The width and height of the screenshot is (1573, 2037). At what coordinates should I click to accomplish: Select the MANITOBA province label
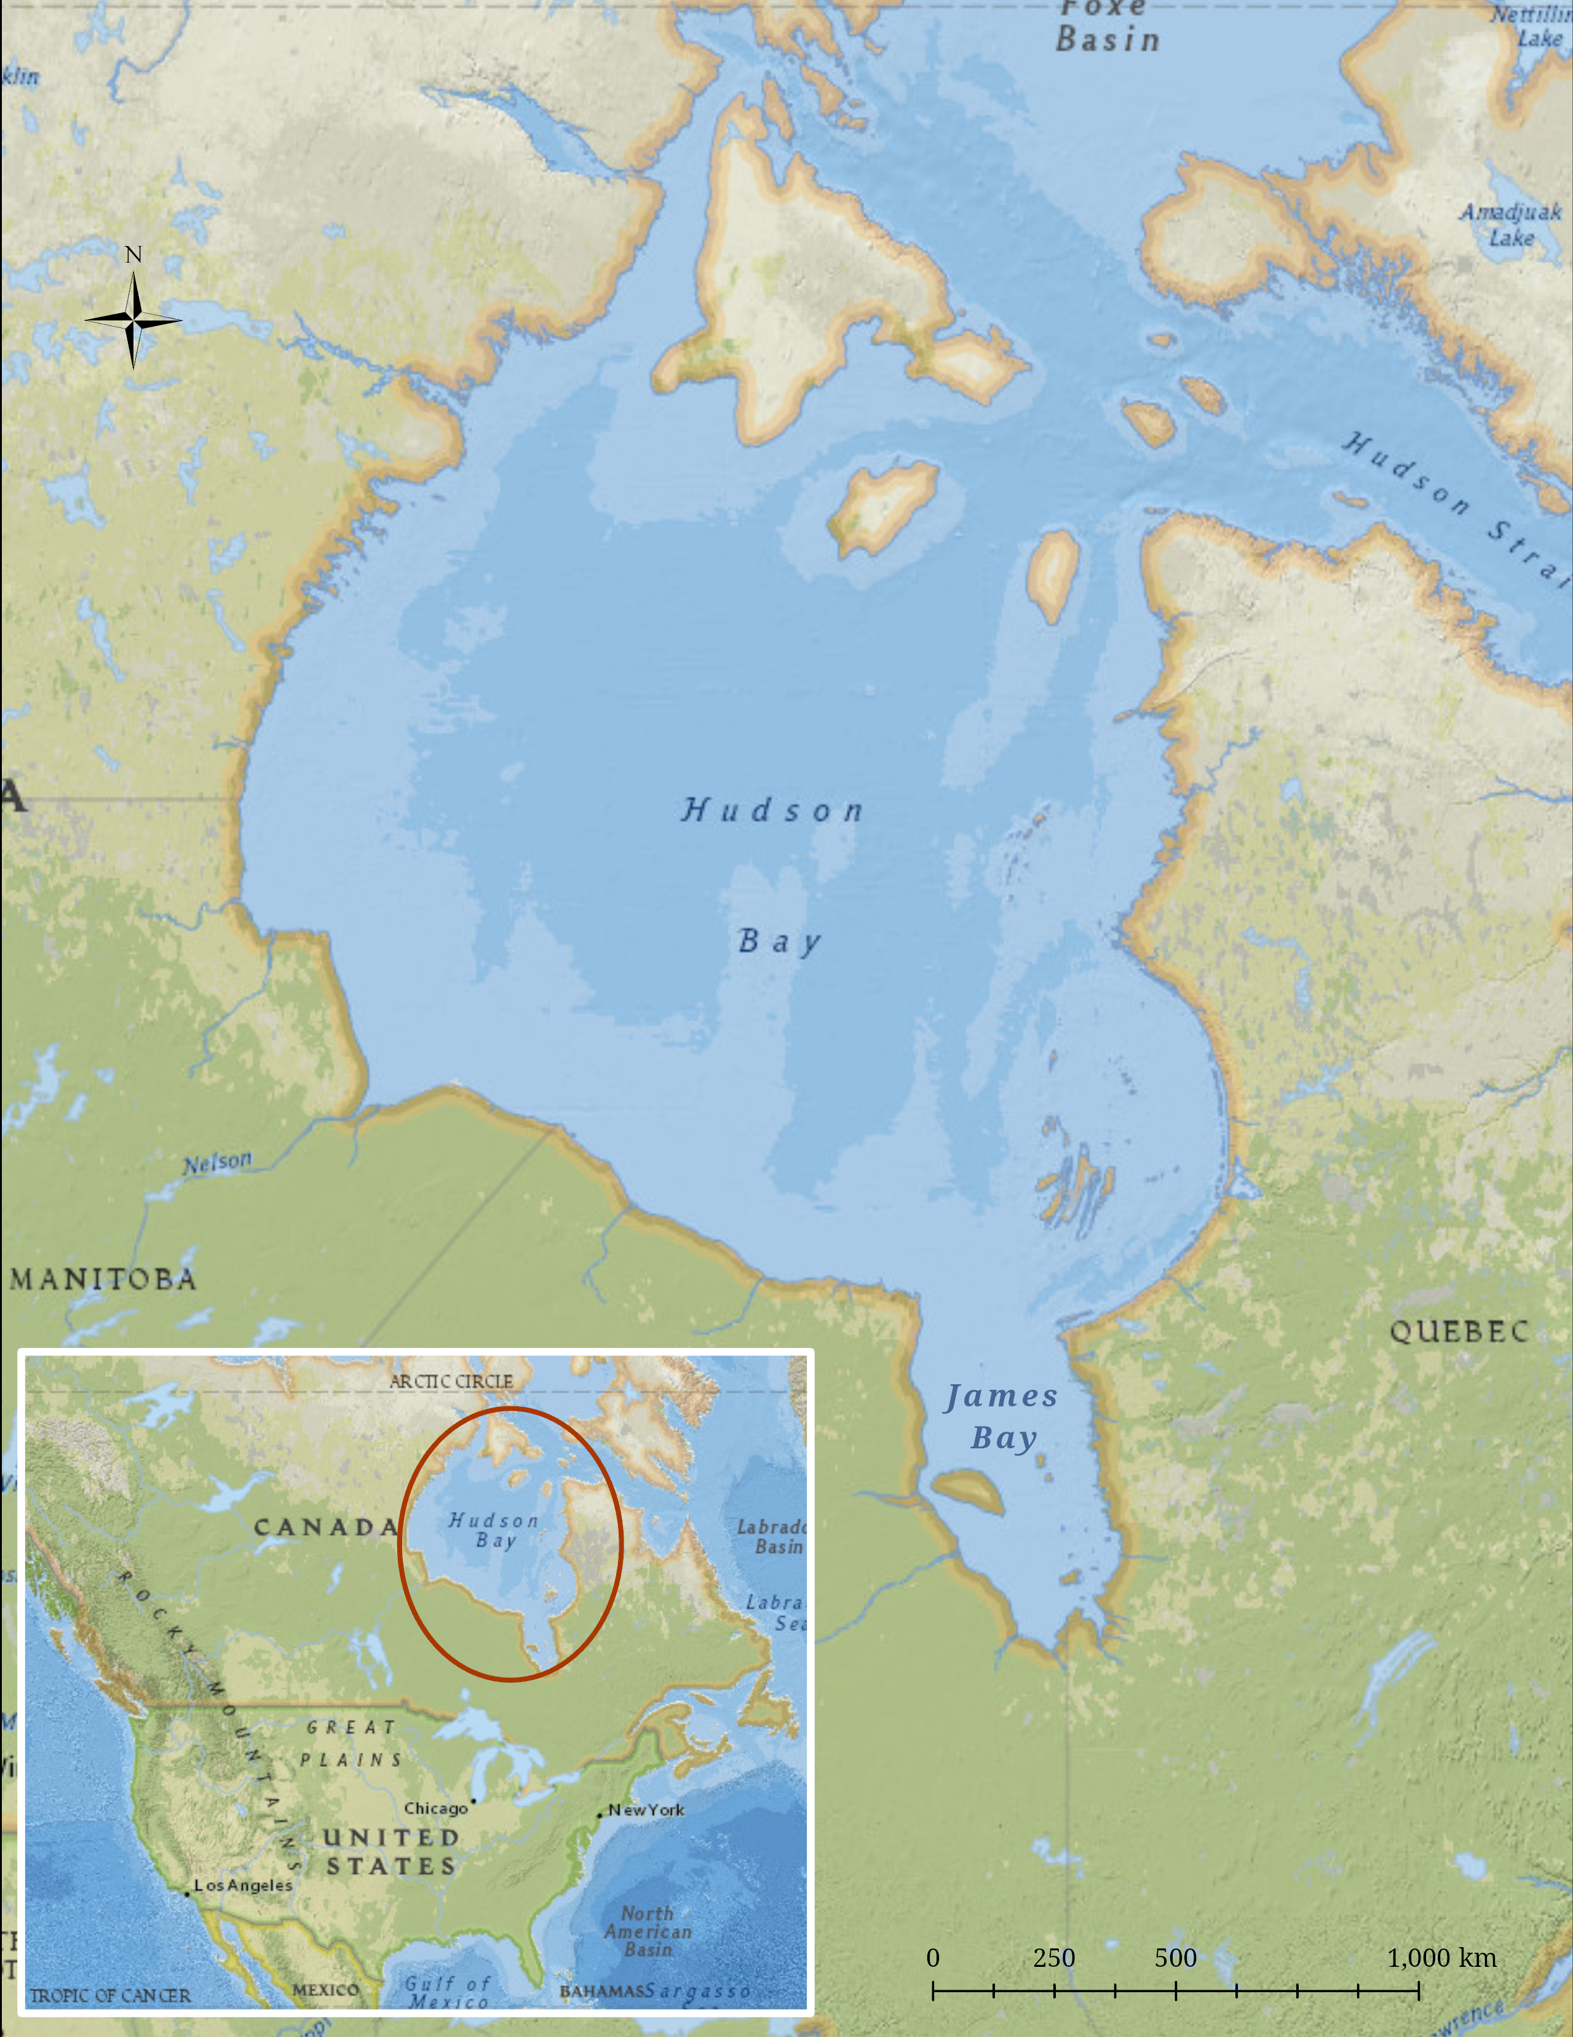(103, 1278)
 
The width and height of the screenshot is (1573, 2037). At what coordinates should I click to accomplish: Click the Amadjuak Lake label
(1510, 225)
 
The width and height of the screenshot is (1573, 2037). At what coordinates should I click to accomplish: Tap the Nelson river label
(217, 1163)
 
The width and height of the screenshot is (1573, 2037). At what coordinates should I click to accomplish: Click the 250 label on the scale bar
(1053, 1958)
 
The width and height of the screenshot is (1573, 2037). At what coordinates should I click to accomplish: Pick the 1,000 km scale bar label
(1441, 1958)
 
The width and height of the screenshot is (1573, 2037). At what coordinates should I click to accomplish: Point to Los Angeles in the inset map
(242, 1885)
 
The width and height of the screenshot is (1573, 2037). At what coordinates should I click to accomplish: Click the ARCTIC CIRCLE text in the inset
(451, 1381)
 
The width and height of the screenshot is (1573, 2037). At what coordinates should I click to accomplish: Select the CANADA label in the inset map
(327, 1527)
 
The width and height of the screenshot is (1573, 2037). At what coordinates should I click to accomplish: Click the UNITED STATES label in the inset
(390, 1851)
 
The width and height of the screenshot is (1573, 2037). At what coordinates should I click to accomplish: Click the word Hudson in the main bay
(772, 810)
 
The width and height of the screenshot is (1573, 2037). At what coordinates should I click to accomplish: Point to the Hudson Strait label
(1454, 504)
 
